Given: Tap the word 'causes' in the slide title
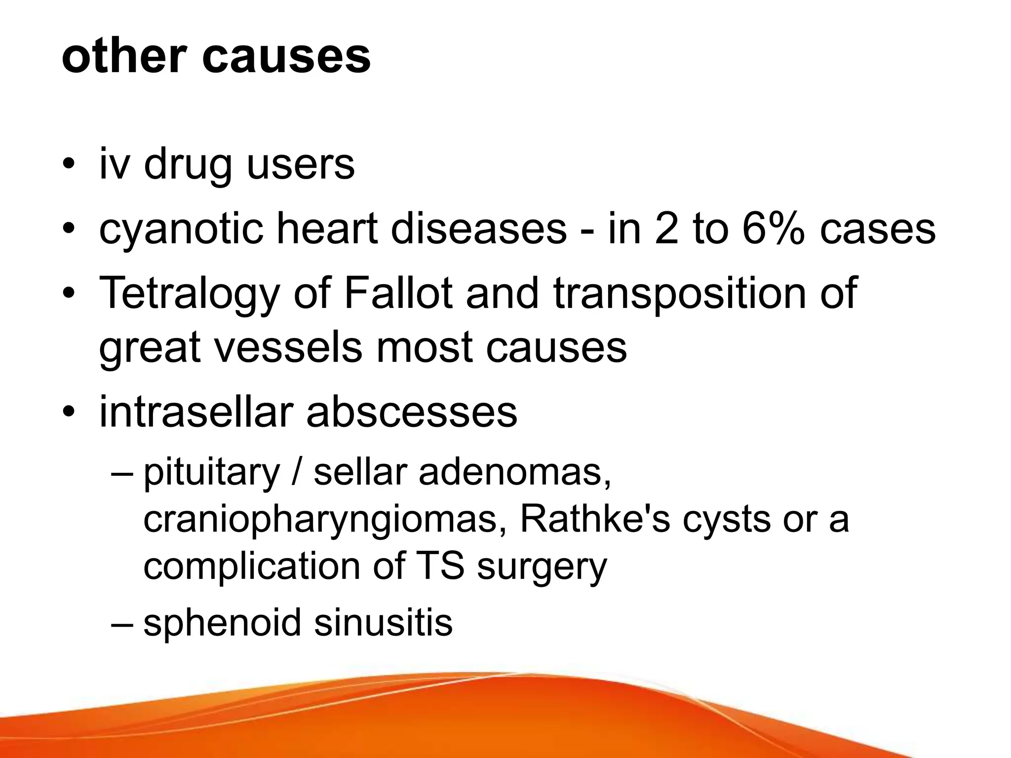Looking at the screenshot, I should [286, 57].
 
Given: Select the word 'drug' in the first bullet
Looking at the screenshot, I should [188, 165].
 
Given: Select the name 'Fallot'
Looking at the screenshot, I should [398, 293].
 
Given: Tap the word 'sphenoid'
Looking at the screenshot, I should [222, 622].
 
